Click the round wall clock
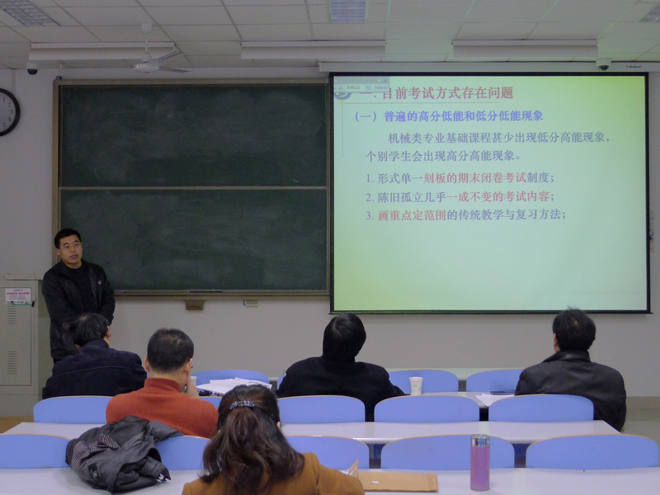click(7, 111)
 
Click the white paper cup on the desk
click(416, 385)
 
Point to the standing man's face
click(70, 248)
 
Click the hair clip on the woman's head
click(243, 404)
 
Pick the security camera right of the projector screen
click(603, 64)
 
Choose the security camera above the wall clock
click(32, 69)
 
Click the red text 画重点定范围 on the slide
click(412, 214)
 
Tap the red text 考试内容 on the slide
click(528, 196)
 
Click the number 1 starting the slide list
click(369, 178)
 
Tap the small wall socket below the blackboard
click(195, 304)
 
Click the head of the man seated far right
click(574, 330)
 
